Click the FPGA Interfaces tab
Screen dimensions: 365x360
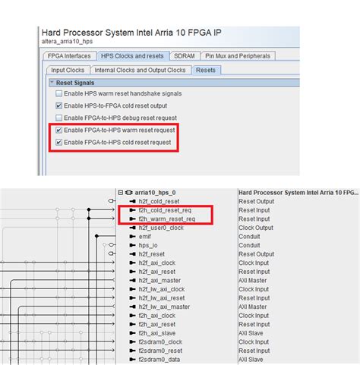[68, 56]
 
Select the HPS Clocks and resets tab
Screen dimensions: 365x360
[132, 56]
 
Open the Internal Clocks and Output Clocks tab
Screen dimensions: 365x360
[141, 70]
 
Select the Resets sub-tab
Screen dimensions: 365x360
[205, 70]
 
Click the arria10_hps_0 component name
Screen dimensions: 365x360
[159, 193]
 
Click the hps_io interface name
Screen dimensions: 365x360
[149, 245]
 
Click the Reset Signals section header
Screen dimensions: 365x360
[75, 82]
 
